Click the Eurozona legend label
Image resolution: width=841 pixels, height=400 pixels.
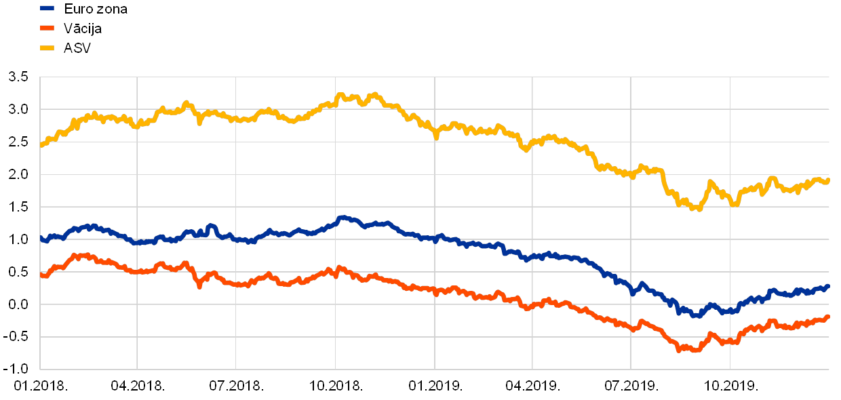pos(95,9)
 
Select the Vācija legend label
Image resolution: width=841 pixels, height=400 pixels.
pos(82,28)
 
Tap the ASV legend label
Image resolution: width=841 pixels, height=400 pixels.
pos(77,48)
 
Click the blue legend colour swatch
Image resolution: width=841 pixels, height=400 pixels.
pos(47,9)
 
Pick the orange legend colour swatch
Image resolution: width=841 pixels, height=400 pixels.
pos(47,28)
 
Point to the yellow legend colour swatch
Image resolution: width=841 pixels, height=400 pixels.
pos(47,48)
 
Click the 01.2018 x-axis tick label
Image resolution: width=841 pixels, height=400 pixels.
pos(39,386)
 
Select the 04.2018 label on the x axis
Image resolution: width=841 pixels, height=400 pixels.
pos(137,386)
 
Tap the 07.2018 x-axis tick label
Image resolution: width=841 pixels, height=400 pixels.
pos(235,386)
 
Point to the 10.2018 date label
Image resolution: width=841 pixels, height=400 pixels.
pos(335,386)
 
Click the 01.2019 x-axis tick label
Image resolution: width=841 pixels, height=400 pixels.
pos(433,386)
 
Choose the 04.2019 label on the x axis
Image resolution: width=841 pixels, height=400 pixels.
pos(532,386)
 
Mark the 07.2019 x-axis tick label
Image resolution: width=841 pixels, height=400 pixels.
pos(631,386)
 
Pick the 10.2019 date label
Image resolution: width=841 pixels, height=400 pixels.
pos(730,386)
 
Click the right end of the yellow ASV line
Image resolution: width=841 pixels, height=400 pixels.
pos(828,180)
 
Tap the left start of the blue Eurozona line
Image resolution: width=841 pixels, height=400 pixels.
pos(41,239)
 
